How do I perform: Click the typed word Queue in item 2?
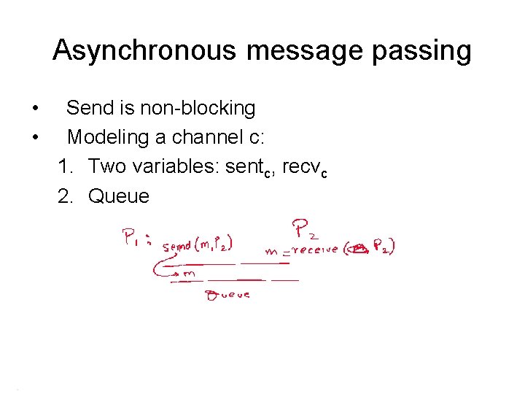pos(119,196)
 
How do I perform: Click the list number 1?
pos(68,166)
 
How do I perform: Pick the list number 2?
pos(68,196)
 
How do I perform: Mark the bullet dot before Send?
pos(35,109)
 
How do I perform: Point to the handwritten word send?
pos(178,247)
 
